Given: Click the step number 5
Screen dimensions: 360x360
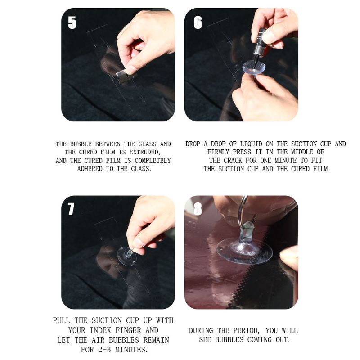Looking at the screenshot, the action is click(72, 22).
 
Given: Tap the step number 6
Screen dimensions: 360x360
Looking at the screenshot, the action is click(198, 22).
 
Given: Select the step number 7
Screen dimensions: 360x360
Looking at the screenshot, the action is click(71, 209).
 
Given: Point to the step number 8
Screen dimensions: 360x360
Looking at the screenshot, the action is click(198, 209).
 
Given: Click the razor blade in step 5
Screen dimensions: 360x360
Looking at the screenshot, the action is click(126, 76).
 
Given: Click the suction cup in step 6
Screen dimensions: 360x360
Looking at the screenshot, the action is click(254, 67).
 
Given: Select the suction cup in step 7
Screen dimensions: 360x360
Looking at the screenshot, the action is click(127, 256).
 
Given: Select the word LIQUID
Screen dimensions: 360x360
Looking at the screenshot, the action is click(251, 144).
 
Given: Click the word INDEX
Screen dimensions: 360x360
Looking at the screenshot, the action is click(101, 330).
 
